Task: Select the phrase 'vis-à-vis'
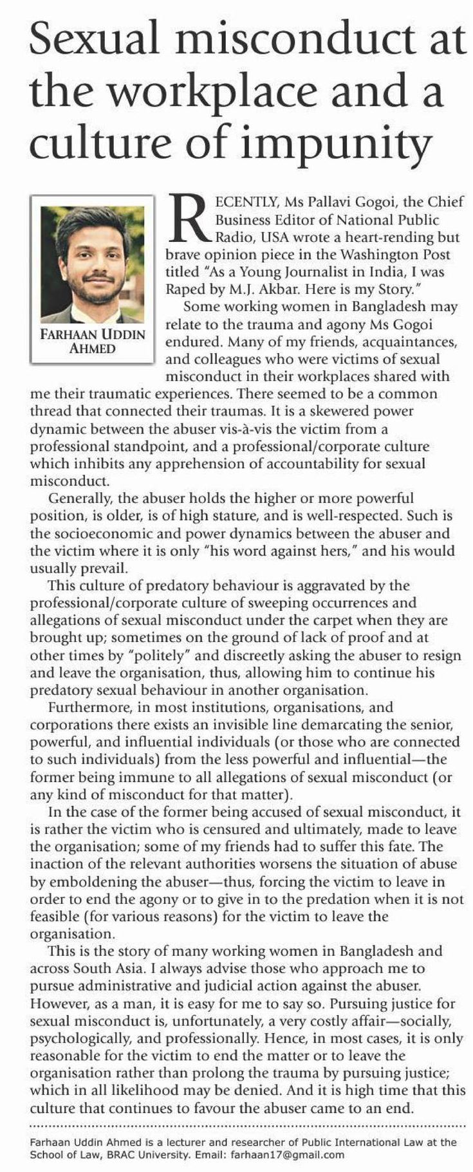click(x=246, y=428)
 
